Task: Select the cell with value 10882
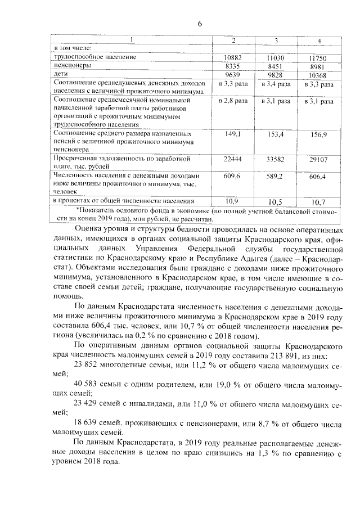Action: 233,58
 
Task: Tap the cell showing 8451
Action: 276,66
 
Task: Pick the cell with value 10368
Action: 319,75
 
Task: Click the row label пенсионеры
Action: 73,66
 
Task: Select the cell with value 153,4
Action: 276,135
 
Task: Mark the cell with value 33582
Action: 276,161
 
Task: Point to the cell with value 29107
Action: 319,161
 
